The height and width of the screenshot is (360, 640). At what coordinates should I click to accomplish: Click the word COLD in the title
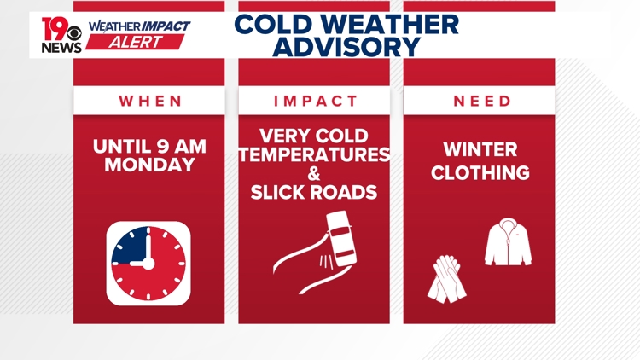272,23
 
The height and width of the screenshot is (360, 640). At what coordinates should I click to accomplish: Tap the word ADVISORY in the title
346,47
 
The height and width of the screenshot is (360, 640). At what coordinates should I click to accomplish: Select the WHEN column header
150,101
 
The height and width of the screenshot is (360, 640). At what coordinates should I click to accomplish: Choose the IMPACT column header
316,101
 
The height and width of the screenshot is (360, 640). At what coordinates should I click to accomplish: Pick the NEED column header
480,101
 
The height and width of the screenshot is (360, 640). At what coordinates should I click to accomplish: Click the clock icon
148,264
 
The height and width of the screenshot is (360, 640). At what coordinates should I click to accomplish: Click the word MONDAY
149,165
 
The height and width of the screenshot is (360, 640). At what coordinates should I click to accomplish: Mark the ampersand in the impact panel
314,174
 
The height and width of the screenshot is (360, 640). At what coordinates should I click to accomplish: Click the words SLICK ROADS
314,193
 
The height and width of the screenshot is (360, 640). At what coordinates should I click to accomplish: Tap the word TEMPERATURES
314,155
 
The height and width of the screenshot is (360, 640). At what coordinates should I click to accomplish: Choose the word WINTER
480,150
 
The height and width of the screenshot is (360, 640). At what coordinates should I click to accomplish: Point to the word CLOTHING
480,173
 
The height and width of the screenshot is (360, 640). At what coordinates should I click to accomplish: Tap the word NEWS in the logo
61,48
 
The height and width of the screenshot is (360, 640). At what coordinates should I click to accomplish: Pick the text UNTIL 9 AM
149,146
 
